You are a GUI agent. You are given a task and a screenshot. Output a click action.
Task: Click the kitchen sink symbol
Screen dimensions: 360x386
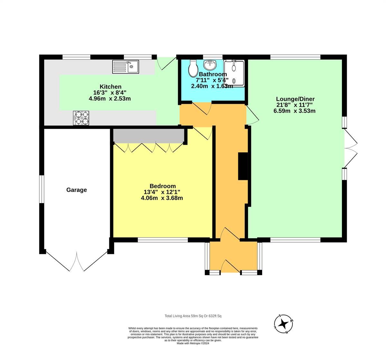(125, 67)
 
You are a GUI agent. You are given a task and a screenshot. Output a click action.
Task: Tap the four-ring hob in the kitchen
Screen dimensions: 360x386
(81, 118)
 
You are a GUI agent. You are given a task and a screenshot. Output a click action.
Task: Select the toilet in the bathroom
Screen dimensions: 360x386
(193, 67)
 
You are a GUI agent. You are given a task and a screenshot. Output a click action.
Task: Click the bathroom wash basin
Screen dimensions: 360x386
(210, 65)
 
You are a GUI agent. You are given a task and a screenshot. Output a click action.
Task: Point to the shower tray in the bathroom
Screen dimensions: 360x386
(234, 73)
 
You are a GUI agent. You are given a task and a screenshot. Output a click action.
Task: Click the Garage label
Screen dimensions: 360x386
(77, 190)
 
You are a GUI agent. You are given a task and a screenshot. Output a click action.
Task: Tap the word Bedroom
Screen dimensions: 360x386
(162, 186)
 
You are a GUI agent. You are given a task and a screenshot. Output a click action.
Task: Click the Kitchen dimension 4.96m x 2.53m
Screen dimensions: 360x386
(110, 99)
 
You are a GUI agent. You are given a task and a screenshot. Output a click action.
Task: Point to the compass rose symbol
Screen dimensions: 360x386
(283, 323)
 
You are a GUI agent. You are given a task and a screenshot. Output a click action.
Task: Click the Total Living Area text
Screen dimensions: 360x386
(193, 316)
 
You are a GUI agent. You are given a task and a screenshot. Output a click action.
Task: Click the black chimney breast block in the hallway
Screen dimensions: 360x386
(242, 166)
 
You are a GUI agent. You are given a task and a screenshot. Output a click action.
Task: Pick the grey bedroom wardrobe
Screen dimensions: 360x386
(149, 135)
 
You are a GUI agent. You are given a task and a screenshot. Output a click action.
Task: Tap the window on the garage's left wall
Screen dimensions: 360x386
(41, 189)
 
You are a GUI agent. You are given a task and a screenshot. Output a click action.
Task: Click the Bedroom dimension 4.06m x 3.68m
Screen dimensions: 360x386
(162, 198)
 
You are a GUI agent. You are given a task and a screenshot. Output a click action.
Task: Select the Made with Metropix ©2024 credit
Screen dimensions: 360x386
(193, 343)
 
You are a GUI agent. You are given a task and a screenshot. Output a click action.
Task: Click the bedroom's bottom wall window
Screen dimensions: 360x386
(163, 240)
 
